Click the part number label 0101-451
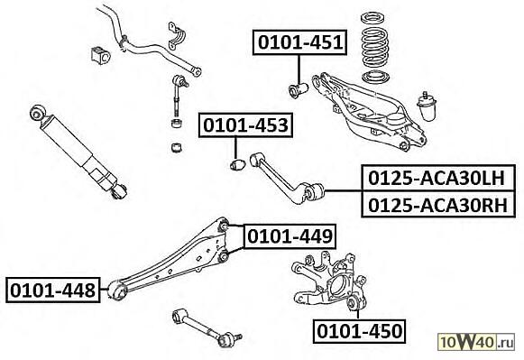(299, 42)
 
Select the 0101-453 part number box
(245, 125)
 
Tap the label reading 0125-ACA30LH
(438, 178)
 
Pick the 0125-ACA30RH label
(438, 204)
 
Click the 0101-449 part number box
(290, 236)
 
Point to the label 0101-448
(53, 290)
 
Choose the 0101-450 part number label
(359, 331)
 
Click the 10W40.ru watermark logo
(476, 342)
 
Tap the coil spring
(374, 46)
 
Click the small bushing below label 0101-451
(298, 89)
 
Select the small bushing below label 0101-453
(237, 164)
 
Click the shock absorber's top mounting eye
(37, 113)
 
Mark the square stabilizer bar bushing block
(100, 55)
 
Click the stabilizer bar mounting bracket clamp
(177, 36)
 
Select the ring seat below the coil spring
(375, 78)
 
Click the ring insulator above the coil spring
(373, 18)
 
